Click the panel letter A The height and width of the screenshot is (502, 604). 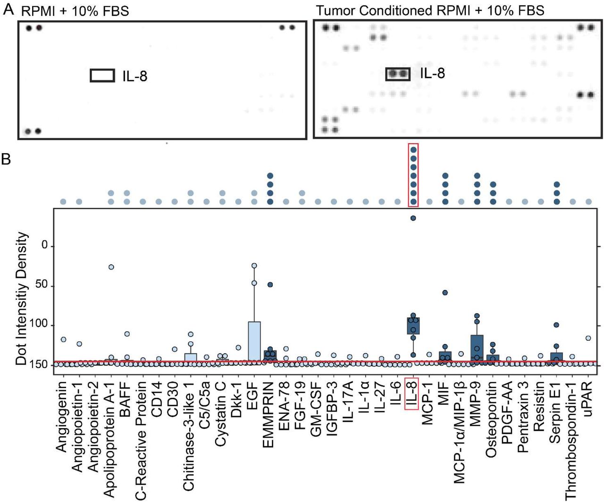pyautogui.click(x=8, y=9)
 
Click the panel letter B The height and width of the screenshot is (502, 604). pyautogui.click(x=7, y=159)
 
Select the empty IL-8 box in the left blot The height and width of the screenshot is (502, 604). pyautogui.click(x=102, y=75)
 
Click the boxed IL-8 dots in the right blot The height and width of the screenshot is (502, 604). pyautogui.click(x=397, y=74)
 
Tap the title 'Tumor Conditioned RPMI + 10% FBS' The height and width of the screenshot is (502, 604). pyautogui.click(x=430, y=10)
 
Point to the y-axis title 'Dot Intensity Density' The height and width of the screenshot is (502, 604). pyautogui.click(x=21, y=298)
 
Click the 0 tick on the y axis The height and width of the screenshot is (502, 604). pyautogui.click(x=45, y=245)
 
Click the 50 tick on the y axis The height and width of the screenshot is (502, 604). pyautogui.click(x=42, y=285)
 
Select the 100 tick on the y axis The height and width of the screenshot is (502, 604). pyautogui.click(x=39, y=324)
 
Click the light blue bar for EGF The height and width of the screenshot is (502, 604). pyautogui.click(x=254, y=342)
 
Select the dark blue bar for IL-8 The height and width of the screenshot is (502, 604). pyautogui.click(x=413, y=326)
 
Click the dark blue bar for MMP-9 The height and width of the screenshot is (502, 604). pyautogui.click(x=477, y=348)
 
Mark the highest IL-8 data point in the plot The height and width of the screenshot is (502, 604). pyautogui.click(x=413, y=218)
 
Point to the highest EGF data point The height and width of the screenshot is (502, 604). pyautogui.click(x=254, y=266)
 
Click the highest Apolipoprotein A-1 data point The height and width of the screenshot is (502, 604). pyautogui.click(x=111, y=267)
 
